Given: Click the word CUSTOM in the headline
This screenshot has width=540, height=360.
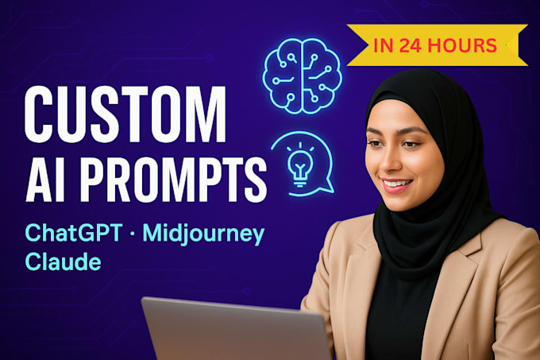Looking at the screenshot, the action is tap(125, 114).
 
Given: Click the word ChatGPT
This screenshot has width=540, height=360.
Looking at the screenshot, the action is tap(74, 233).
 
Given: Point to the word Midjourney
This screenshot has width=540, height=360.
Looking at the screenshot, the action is tap(203, 234).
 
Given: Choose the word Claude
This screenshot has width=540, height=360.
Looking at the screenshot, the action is tap(63, 261).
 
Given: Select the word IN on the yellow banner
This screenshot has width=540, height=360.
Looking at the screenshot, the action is tap(384, 45).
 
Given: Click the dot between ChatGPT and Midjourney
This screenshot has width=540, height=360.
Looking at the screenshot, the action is tap(133, 234).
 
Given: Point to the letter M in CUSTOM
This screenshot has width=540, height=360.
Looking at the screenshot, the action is tap(204, 114).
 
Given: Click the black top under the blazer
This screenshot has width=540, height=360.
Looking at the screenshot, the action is tap(399, 310).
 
